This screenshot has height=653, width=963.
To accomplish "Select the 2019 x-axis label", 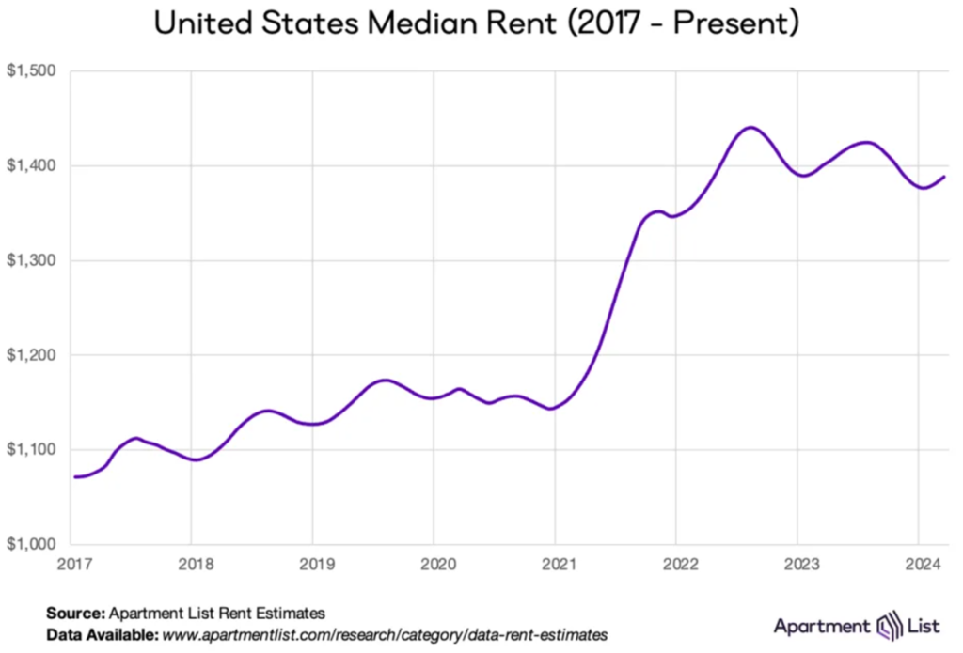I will coord(312,563).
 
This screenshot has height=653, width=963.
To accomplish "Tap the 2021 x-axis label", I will coord(555,563).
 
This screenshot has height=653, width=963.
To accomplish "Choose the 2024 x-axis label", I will coord(919,563).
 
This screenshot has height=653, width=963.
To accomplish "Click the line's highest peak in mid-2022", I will coord(750,127).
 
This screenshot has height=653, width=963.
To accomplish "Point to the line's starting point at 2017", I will coord(74,477).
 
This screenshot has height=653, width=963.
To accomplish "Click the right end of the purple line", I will coord(944,177).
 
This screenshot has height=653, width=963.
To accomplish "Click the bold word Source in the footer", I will coord(76,613).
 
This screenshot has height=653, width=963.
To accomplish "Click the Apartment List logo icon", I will coord(889,626).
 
